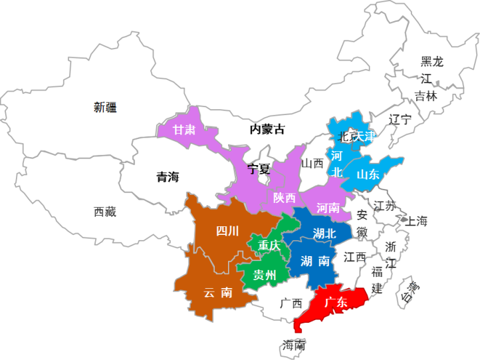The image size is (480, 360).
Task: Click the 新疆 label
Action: point(105,107)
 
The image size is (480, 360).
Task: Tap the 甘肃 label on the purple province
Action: point(184,130)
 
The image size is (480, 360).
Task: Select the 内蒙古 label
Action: point(267,129)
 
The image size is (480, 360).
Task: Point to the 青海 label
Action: point(168,177)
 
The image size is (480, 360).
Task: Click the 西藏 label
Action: point(105,212)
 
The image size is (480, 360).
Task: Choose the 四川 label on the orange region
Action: point(227,232)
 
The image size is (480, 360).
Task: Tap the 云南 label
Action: point(218,292)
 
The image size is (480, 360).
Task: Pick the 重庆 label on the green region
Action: point(269,246)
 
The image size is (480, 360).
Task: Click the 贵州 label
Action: point(265,275)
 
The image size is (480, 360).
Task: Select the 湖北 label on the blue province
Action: point(324,234)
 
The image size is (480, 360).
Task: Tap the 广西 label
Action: point(291,303)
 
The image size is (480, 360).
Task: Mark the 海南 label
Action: point(293,345)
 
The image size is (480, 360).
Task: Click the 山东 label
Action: point(368,175)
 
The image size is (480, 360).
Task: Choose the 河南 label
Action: point(328,208)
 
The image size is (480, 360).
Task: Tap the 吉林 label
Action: point(426,96)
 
